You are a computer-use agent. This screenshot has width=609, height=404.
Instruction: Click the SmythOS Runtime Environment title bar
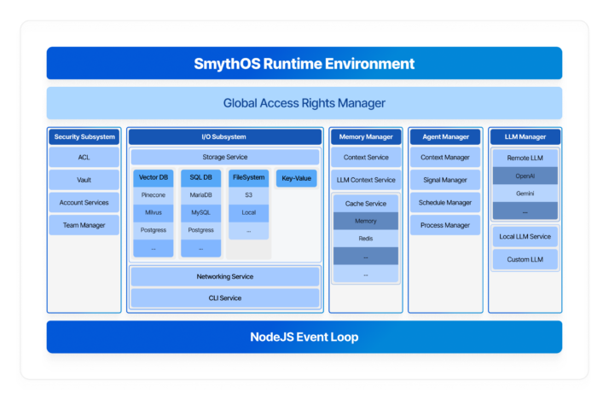[x=304, y=63]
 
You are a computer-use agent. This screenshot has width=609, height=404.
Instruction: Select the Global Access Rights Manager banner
[x=304, y=103]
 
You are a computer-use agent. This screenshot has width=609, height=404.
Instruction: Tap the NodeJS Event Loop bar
[x=304, y=337]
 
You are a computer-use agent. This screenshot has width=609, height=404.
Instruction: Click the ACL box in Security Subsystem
[x=84, y=158]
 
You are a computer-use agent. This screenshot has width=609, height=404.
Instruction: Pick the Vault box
[x=84, y=180]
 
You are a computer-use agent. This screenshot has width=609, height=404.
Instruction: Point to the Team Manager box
[x=84, y=225]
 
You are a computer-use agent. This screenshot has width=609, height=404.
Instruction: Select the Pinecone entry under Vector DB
[x=154, y=195]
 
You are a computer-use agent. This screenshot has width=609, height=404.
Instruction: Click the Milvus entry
[x=154, y=212]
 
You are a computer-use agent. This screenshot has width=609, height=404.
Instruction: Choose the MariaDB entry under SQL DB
[x=201, y=195]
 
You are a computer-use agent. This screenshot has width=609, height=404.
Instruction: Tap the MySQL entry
[x=201, y=212]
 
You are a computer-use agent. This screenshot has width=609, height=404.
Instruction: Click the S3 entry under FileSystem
[x=248, y=195]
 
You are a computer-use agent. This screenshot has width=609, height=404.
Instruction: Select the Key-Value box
[x=296, y=178]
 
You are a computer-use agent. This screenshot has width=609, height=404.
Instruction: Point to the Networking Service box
[x=225, y=277]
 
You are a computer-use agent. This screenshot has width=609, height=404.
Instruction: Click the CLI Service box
[x=225, y=298]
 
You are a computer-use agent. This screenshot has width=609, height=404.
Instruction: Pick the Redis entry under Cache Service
[x=365, y=239]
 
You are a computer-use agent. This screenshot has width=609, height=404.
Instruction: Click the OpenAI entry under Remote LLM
[x=525, y=176]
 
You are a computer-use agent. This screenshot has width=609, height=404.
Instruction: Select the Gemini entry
[x=525, y=193]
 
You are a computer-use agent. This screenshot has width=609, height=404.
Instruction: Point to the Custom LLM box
[x=525, y=259]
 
